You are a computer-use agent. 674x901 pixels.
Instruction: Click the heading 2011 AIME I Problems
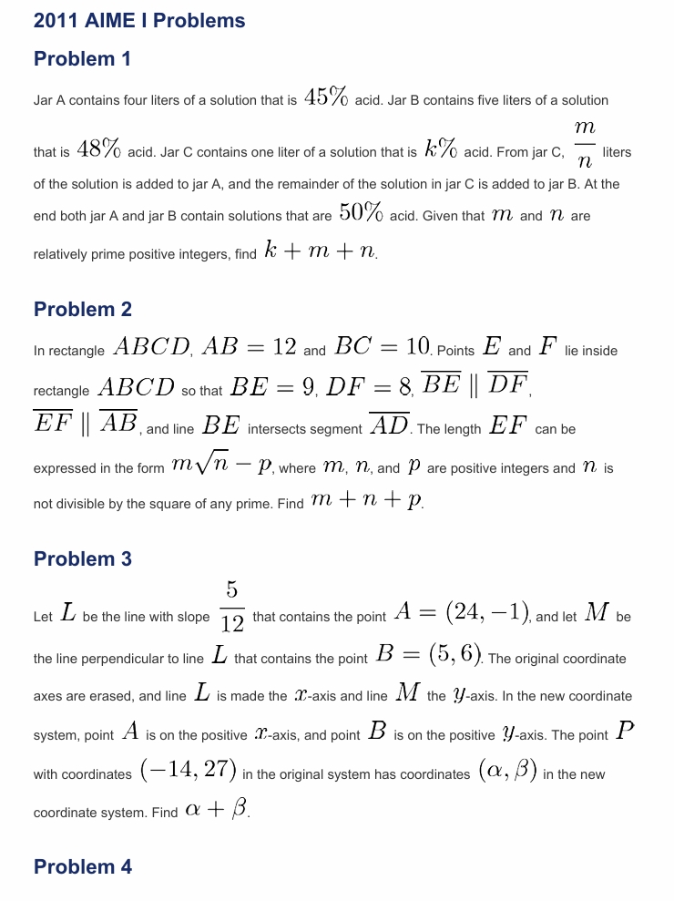point(139,20)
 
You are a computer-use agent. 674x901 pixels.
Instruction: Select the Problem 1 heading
point(82,59)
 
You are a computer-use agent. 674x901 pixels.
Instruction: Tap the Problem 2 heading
point(82,310)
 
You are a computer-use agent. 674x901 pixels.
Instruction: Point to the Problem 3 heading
point(82,559)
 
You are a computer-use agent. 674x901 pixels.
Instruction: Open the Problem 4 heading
point(82,867)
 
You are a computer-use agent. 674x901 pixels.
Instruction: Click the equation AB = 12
point(249,348)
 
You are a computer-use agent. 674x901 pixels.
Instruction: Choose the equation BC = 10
point(382,348)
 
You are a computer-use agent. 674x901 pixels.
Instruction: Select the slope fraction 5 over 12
point(231,608)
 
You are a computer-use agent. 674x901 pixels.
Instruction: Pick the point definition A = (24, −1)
point(463,616)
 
